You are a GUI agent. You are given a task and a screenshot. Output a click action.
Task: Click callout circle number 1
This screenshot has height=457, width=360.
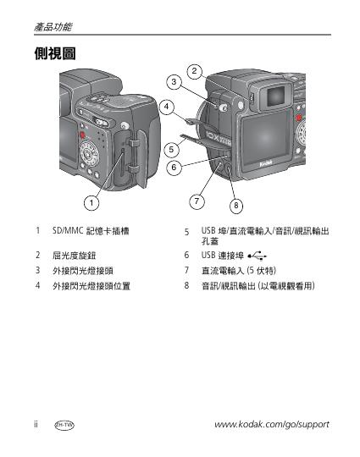pyautogui.click(x=91, y=203)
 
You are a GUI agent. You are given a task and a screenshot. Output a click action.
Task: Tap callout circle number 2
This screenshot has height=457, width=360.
pyautogui.click(x=194, y=71)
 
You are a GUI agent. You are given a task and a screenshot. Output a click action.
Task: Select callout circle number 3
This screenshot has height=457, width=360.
pyautogui.click(x=174, y=81)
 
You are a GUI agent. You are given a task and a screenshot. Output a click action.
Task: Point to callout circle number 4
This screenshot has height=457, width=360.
pyautogui.click(x=167, y=107)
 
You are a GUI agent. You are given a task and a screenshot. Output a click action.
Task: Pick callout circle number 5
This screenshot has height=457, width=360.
pyautogui.click(x=172, y=150)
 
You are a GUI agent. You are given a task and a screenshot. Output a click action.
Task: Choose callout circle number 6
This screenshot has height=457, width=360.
pyautogui.click(x=174, y=168)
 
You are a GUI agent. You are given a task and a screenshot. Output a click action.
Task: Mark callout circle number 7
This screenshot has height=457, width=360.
pyautogui.click(x=197, y=201)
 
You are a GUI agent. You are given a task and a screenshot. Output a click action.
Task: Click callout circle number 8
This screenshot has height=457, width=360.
pyautogui.click(x=236, y=206)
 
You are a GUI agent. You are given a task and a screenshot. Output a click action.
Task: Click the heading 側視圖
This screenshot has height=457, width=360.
pyautogui.click(x=55, y=53)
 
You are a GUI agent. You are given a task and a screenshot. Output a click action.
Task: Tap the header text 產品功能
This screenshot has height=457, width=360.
pyautogui.click(x=53, y=27)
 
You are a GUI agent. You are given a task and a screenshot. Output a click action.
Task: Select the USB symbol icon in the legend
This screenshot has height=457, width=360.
pyautogui.click(x=257, y=256)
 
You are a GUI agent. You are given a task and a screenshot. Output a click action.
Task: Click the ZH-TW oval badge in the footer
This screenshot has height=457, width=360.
pyautogui.click(x=64, y=425)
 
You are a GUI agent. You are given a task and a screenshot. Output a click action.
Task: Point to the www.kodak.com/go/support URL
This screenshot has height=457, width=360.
pyautogui.click(x=272, y=424)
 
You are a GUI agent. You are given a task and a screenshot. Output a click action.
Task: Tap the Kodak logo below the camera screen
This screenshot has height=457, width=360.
pyautogui.click(x=266, y=163)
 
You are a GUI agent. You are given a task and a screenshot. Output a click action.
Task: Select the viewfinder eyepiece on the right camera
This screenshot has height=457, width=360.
pyautogui.click(x=274, y=95)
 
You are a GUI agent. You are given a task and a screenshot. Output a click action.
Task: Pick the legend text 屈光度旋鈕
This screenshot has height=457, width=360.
pyautogui.click(x=74, y=256)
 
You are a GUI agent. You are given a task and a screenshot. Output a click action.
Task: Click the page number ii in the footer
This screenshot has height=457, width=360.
pyautogui.click(x=36, y=424)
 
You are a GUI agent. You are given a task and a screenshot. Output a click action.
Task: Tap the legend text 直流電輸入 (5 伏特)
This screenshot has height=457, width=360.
pyautogui.click(x=239, y=271)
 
